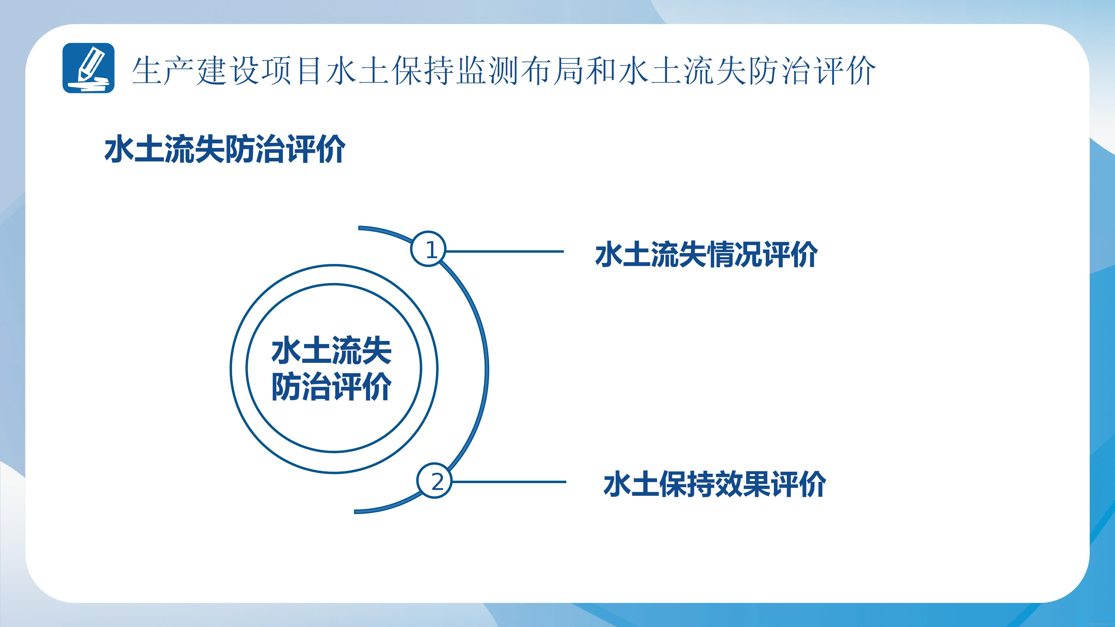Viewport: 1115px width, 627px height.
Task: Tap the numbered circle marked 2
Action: pyautogui.click(x=434, y=481)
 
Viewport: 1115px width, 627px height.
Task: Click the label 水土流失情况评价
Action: pyautogui.click(x=707, y=254)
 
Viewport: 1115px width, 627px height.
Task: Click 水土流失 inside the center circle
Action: pyautogui.click(x=331, y=351)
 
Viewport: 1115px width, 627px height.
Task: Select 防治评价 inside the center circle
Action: pyautogui.click(x=331, y=386)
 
